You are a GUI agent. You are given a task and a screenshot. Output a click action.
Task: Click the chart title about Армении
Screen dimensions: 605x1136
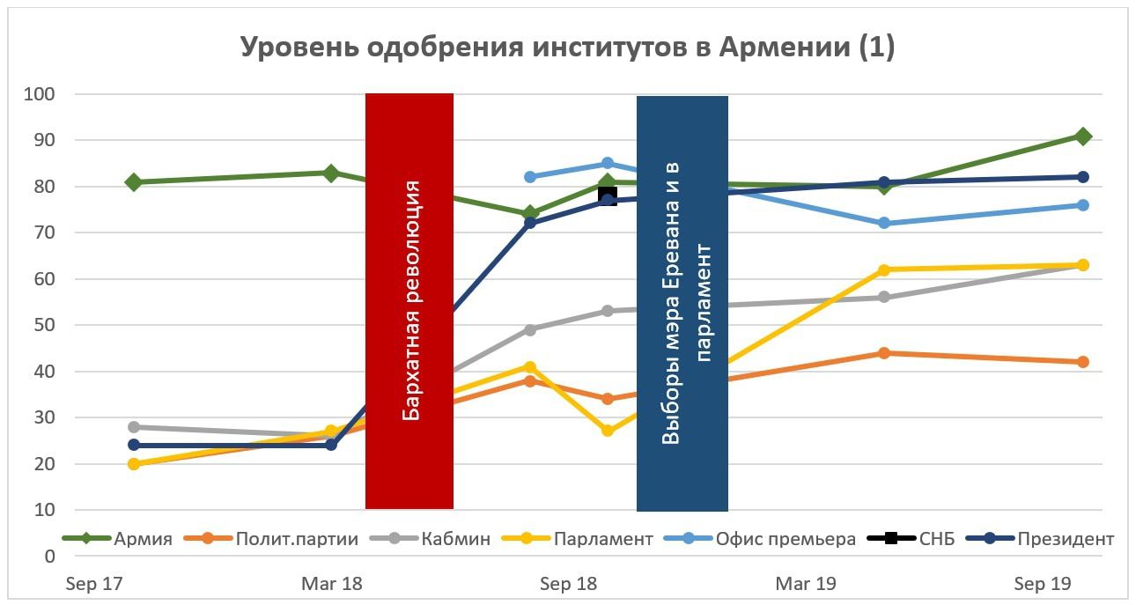568,48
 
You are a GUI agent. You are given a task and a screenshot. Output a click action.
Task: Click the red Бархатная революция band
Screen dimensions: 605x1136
409,300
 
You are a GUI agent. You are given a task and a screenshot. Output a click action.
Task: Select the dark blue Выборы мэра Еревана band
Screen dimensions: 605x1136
682,303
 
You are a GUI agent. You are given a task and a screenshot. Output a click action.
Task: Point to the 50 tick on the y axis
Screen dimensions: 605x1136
43,325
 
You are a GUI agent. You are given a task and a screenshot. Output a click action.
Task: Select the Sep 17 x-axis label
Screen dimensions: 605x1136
93,584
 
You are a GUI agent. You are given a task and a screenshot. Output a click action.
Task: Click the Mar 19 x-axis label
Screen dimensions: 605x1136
806,584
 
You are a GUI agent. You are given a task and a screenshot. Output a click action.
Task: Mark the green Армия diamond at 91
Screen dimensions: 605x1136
1083,136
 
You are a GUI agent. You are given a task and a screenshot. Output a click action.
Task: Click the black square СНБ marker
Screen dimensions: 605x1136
608,195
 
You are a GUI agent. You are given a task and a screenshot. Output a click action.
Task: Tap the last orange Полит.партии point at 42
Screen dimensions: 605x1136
1083,362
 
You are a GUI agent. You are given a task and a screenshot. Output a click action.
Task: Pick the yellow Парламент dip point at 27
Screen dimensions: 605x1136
608,431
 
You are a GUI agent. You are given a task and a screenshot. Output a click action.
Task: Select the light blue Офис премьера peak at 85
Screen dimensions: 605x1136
608,163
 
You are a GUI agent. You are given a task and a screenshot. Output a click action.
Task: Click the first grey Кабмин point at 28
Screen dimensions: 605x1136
134,426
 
